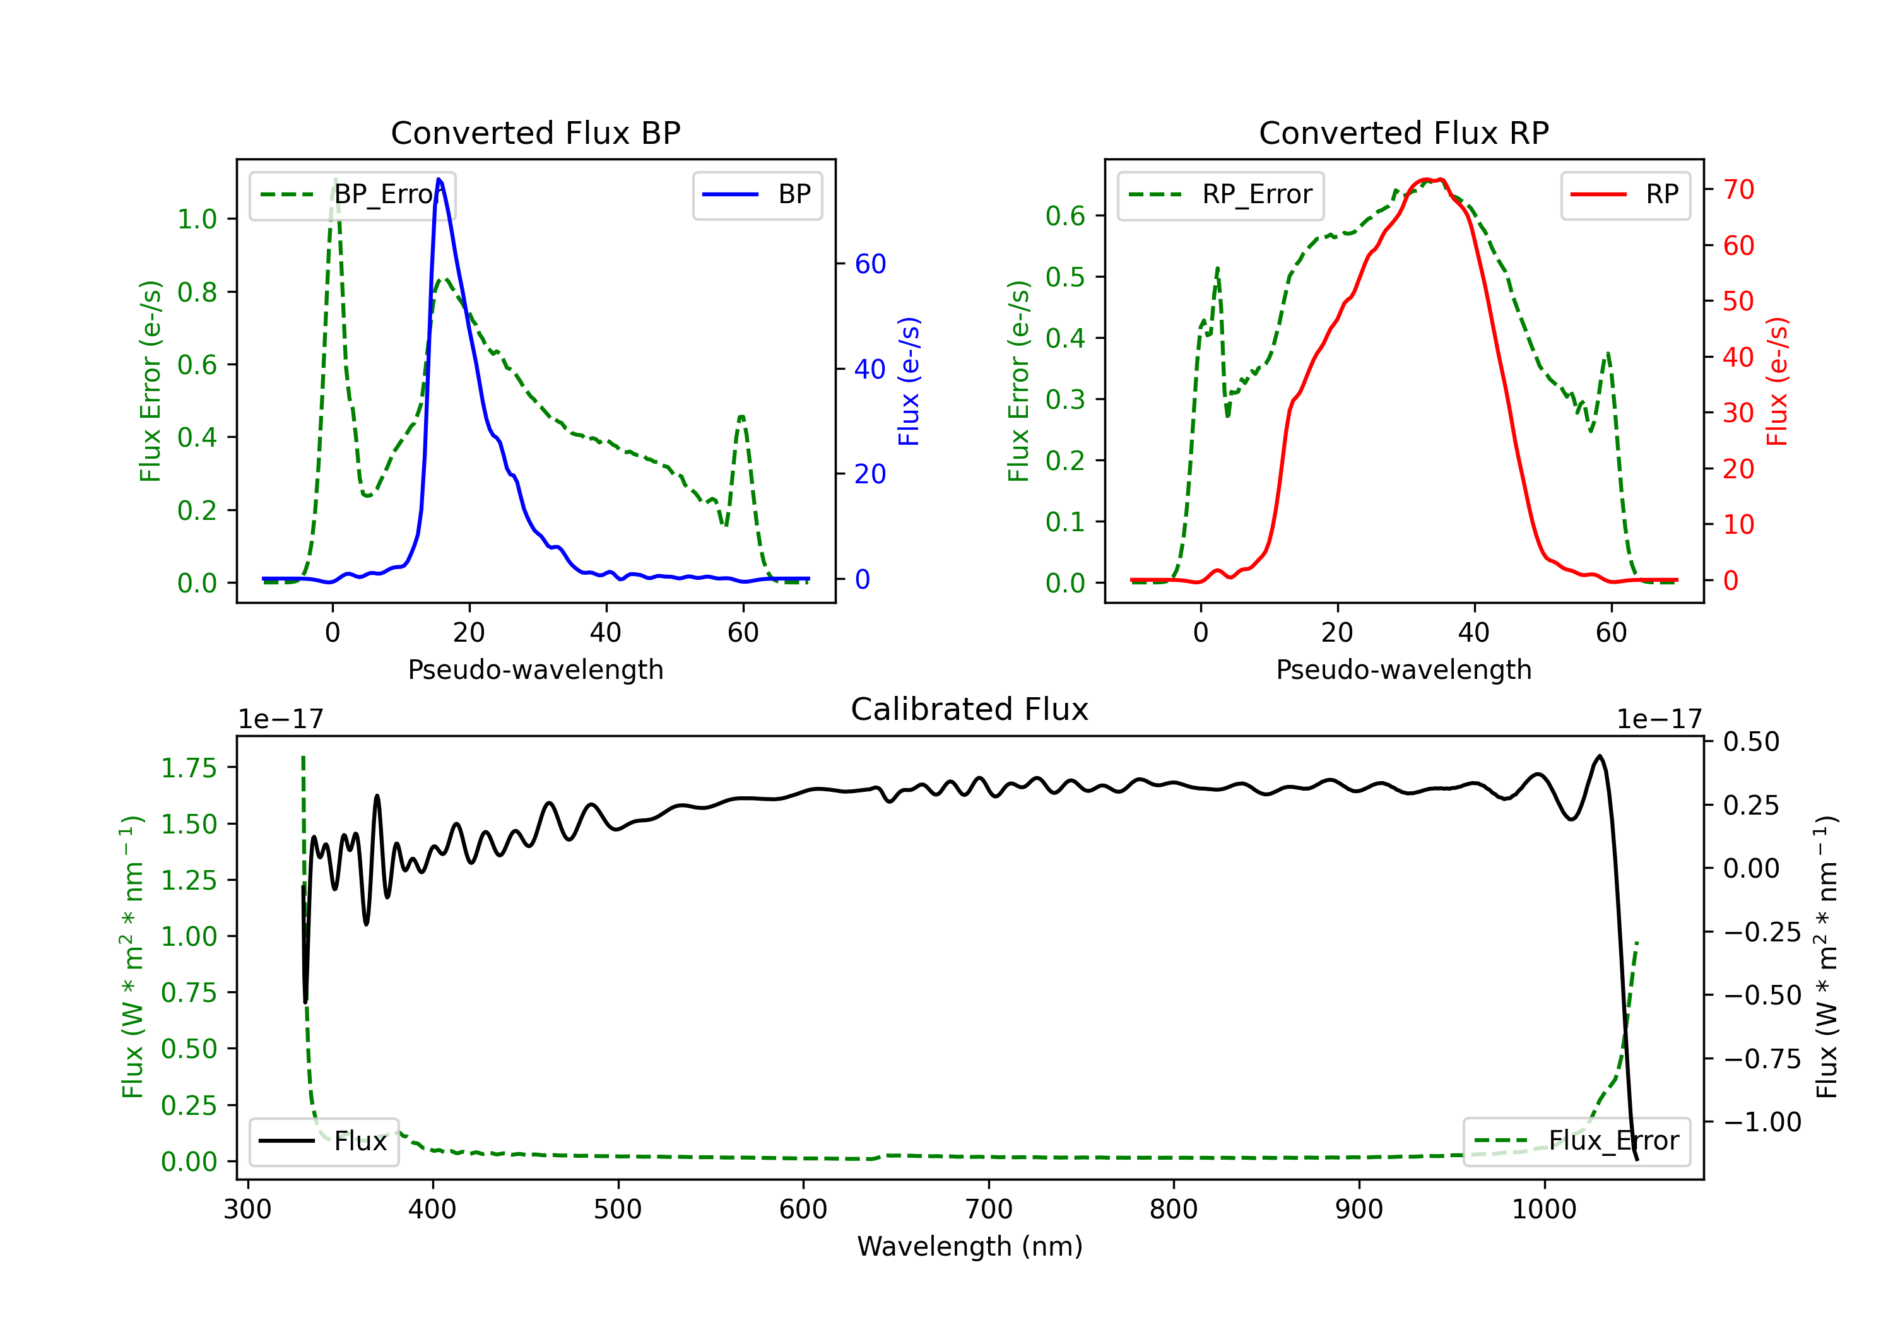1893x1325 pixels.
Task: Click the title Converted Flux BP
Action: click(x=535, y=132)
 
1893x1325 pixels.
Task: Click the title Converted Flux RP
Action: click(x=1403, y=132)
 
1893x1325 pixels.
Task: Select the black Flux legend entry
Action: click(x=323, y=1141)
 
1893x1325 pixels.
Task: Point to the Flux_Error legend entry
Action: click(x=1576, y=1141)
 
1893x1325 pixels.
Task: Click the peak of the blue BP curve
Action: click(x=439, y=179)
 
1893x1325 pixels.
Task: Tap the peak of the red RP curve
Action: click(x=1431, y=180)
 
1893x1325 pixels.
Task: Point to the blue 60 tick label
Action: click(x=870, y=264)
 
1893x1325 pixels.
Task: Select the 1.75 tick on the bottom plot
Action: click(x=189, y=768)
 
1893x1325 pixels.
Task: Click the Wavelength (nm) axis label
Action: click(x=970, y=1247)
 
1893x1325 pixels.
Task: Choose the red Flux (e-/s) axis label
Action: click(x=1777, y=381)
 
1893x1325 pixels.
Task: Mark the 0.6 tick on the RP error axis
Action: click(x=1064, y=216)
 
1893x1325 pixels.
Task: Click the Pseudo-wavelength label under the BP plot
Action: click(x=535, y=669)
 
